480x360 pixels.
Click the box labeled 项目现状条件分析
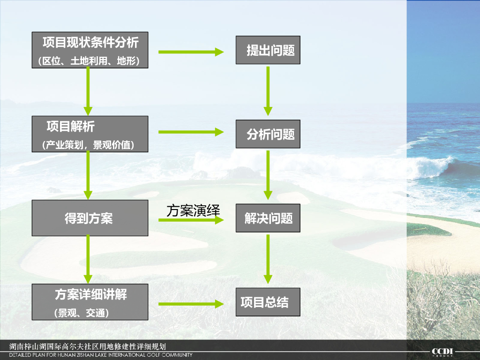click(90, 50)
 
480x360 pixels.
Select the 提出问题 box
click(268, 50)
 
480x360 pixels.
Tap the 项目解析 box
click(90, 134)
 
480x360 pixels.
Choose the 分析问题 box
click(268, 135)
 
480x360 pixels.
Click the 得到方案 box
click(90, 218)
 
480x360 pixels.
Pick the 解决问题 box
click(268, 218)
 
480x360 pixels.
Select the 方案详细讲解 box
click(90, 302)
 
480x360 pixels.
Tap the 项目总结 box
click(268, 302)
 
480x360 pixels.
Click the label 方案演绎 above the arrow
click(193, 210)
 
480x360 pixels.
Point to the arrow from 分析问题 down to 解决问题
click(268, 174)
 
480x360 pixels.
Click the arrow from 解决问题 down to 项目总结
click(268, 259)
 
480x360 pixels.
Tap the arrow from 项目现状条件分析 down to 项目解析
click(88, 91)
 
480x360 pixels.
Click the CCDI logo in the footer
click(442, 351)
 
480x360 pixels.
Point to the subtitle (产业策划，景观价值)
click(89, 145)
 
